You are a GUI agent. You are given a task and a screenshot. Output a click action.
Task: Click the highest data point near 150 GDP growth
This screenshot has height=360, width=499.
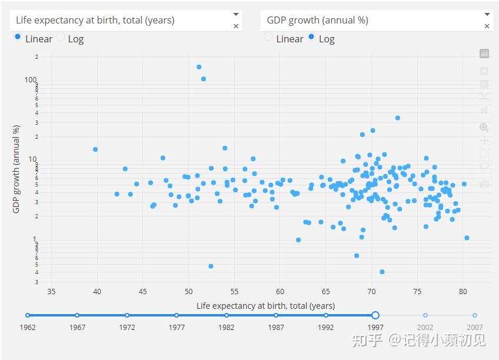199,67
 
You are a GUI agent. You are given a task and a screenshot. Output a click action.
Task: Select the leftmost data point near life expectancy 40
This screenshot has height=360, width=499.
95,149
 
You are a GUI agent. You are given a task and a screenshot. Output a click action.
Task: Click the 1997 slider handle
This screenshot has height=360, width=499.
375,315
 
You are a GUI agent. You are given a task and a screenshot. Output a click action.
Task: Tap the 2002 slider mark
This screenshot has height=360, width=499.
425,315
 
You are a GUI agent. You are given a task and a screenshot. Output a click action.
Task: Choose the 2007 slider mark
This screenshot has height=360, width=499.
475,315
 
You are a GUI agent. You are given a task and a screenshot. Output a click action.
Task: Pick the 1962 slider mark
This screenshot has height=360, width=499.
28,315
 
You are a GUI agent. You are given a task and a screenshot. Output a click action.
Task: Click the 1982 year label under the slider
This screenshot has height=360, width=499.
227,328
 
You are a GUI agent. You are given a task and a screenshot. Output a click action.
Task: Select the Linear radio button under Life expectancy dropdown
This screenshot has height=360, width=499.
18,36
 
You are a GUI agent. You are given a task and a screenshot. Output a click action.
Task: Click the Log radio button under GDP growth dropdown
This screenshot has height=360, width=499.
311,36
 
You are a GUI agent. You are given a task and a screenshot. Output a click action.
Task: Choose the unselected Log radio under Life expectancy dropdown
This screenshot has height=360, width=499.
61,36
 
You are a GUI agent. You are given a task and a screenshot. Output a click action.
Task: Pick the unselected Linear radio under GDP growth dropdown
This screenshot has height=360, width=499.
268,36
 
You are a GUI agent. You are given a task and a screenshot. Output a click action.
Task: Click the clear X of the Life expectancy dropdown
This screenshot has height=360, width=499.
236,26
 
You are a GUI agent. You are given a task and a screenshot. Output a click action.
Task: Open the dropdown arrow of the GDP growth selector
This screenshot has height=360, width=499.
487,14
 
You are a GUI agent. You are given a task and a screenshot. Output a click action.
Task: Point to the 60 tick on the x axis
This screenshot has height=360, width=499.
280,291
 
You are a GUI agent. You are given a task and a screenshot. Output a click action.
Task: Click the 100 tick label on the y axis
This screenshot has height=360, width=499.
31,80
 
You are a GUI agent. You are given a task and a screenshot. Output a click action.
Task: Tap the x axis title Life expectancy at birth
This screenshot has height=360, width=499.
265,306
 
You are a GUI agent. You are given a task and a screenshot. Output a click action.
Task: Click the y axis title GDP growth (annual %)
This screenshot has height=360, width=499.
16,169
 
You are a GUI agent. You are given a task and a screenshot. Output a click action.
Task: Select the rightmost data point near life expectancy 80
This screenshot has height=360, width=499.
467,238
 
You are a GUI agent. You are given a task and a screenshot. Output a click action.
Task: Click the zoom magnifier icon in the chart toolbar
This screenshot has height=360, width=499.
484,127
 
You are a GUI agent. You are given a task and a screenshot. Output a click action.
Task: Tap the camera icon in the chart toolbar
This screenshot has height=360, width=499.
484,184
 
